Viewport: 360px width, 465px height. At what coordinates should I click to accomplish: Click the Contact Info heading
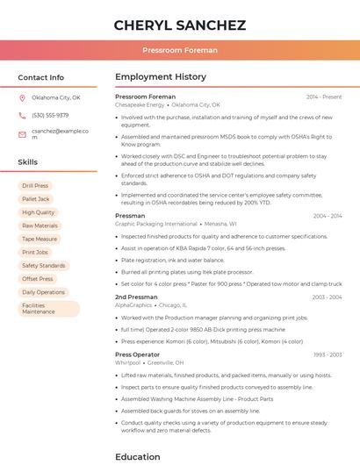[41, 77]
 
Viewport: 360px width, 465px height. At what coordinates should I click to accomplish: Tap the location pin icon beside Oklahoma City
[22, 97]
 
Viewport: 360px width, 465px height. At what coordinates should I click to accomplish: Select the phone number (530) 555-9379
[50, 115]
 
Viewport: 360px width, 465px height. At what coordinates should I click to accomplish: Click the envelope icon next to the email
[22, 134]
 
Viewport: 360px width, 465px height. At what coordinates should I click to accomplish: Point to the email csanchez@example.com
[60, 133]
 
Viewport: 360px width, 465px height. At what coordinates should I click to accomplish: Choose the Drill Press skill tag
[35, 186]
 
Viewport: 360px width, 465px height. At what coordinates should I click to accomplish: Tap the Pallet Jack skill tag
[35, 199]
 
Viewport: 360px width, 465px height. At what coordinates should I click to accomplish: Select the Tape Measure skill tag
[40, 239]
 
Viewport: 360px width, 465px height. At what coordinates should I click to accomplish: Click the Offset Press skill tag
[38, 279]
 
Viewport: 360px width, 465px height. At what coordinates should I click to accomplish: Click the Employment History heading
[161, 77]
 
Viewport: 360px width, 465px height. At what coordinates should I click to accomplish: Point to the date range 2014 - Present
[324, 97]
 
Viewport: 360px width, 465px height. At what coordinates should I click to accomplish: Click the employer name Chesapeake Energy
[140, 104]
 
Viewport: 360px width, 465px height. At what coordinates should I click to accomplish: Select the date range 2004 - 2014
[327, 216]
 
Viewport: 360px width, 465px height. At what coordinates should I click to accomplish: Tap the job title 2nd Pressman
[136, 297]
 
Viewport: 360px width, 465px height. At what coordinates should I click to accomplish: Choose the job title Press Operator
[138, 354]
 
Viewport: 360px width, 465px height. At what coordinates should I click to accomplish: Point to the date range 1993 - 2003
[328, 355]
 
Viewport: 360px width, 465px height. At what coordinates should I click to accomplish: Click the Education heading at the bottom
[139, 456]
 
